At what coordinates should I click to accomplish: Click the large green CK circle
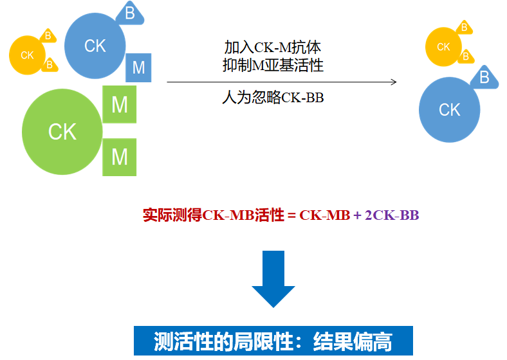tap(62, 132)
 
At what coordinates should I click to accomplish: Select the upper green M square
tap(119, 104)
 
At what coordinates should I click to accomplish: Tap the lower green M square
tap(119, 157)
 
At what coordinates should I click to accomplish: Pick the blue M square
tap(138, 67)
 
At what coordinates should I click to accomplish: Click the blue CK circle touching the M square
tap(95, 46)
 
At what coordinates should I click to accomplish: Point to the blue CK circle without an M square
tap(450, 109)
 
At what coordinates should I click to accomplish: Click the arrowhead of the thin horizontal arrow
tap(394, 82)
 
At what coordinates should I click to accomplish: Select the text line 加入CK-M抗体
tap(273, 48)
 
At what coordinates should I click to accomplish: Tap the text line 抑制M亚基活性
tap(273, 66)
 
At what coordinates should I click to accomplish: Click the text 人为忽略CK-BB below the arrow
tap(273, 97)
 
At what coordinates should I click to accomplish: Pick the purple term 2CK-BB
tap(392, 215)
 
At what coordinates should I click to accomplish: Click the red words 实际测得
tap(172, 215)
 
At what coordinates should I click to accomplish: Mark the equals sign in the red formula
tap(291, 215)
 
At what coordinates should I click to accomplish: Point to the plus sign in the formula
tap(357, 215)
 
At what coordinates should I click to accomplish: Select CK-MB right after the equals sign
tap(325, 215)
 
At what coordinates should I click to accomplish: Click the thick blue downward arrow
tap(273, 279)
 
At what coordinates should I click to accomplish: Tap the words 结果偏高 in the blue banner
tap(353, 341)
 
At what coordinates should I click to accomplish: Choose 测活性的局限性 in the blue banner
tap(223, 341)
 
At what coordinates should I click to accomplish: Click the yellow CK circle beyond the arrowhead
tap(443, 47)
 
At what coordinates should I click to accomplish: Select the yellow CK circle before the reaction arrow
tap(27, 55)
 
